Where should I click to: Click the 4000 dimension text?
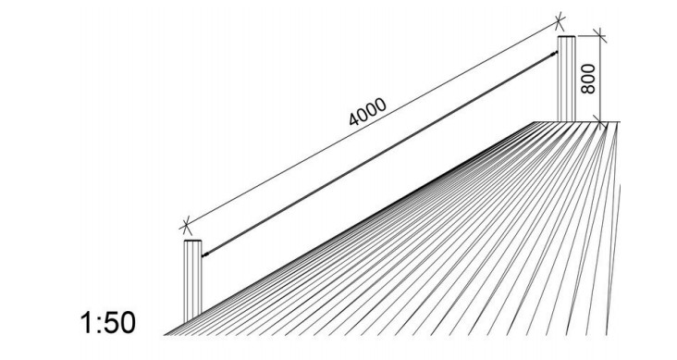click(367, 112)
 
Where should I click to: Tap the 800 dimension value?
click(588, 79)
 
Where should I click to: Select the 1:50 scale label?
click(108, 323)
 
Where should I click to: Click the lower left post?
click(192, 281)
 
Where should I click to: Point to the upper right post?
click(566, 79)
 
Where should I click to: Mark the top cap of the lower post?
click(192, 241)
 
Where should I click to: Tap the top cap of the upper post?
click(566, 37)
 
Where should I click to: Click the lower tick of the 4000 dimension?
click(186, 225)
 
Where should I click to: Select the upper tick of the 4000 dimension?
click(560, 20)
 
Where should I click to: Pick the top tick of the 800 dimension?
click(600, 36)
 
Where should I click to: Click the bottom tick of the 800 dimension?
click(600, 122)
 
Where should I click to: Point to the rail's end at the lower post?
click(203, 256)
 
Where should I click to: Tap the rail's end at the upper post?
click(557, 53)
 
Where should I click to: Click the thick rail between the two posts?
click(379, 155)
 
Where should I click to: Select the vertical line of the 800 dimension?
click(600, 79)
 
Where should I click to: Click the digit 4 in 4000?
click(353, 118)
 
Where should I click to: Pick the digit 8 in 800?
click(588, 89)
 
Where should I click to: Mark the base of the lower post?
click(192, 323)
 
